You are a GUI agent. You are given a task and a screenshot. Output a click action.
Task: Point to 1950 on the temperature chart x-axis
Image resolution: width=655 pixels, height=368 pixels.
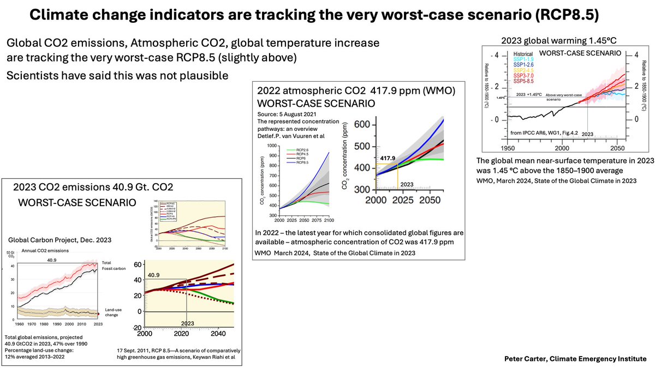508,148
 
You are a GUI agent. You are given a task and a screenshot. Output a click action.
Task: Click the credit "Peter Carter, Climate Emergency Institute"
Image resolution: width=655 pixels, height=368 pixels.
575,358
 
